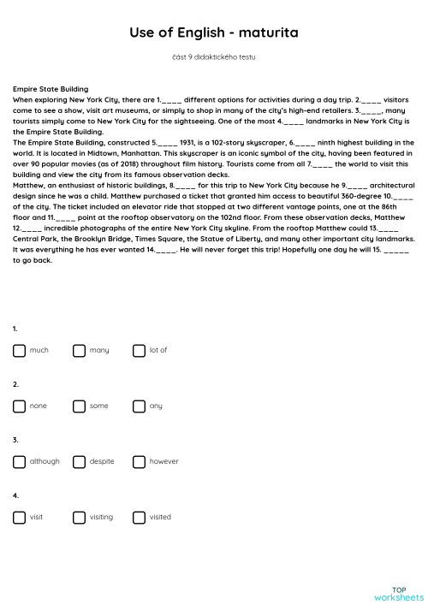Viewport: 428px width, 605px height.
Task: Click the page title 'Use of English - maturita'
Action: tap(213, 33)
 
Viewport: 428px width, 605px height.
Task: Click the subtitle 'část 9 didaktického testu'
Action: tap(213, 57)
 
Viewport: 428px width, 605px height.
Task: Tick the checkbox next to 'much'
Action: tap(19, 350)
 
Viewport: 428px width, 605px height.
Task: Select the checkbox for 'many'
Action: tap(79, 350)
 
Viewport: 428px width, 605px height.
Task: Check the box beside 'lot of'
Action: tap(140, 350)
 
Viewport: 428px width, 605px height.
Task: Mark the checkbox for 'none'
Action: tap(19, 406)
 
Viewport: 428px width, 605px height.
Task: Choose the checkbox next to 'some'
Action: tap(79, 406)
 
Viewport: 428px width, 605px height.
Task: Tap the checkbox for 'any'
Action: tap(140, 406)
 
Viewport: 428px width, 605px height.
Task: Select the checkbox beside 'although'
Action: tap(19, 461)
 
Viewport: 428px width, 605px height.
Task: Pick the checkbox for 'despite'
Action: tap(79, 461)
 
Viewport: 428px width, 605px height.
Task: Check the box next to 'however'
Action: tap(140, 461)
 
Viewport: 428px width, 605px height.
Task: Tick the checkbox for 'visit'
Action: tap(19, 517)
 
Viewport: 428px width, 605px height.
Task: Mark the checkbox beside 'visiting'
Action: tap(79, 517)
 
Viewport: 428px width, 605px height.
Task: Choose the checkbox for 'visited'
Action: tap(140, 517)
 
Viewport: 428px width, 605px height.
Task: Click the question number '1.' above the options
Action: tap(15, 329)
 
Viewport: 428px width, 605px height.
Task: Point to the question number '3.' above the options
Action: tap(15, 440)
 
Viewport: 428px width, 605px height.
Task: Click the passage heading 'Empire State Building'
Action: tap(51, 88)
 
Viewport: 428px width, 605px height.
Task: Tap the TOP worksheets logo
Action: tap(398, 593)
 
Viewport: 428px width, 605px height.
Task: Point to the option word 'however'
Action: tap(163, 461)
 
